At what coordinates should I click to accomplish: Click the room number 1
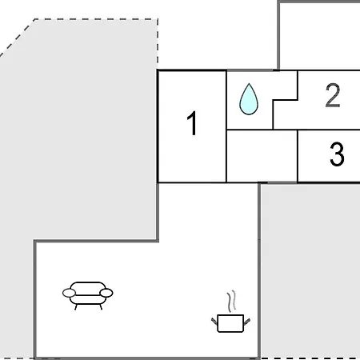(192, 123)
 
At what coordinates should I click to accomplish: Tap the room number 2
(333, 95)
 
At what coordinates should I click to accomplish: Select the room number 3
(337, 154)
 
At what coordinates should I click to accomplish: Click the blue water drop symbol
(249, 99)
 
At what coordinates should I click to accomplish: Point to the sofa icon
(87, 295)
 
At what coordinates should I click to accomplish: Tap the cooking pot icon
(230, 323)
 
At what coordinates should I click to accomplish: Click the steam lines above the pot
(231, 301)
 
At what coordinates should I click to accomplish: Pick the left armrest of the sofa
(69, 293)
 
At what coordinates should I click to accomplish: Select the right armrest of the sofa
(106, 293)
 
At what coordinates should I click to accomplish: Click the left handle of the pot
(214, 321)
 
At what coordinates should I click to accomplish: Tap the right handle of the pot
(247, 322)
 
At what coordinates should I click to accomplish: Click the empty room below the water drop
(262, 156)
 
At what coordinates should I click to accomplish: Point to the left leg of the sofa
(76, 307)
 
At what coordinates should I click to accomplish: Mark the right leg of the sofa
(101, 307)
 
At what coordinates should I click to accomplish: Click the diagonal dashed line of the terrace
(18, 38)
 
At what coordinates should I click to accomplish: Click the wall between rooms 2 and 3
(329, 130)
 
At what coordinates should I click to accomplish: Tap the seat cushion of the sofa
(88, 299)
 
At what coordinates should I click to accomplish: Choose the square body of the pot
(230, 323)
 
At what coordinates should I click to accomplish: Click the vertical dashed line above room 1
(158, 44)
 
